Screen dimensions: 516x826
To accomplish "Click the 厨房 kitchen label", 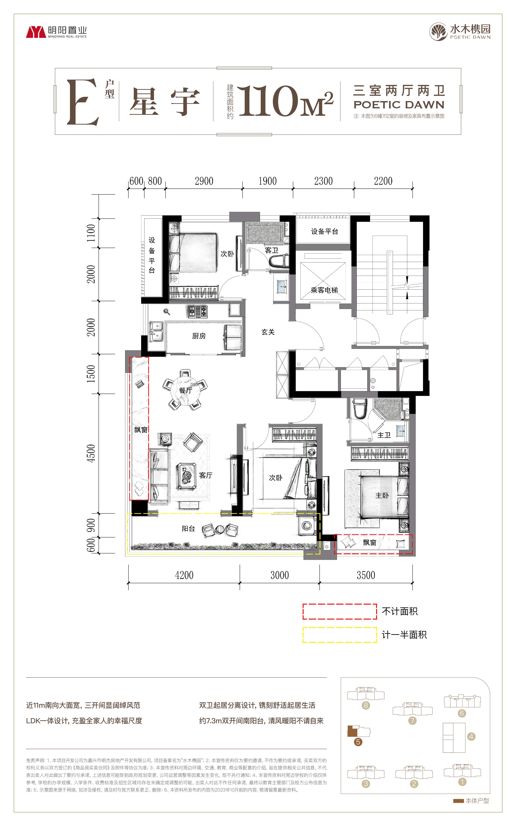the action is coord(199,336).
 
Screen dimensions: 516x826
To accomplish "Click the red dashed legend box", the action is coord(340,611).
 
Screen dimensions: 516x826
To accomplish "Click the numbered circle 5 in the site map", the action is coord(358,742).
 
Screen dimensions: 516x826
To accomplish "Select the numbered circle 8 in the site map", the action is coord(366,705).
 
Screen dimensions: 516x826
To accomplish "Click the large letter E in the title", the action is coord(83,102).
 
